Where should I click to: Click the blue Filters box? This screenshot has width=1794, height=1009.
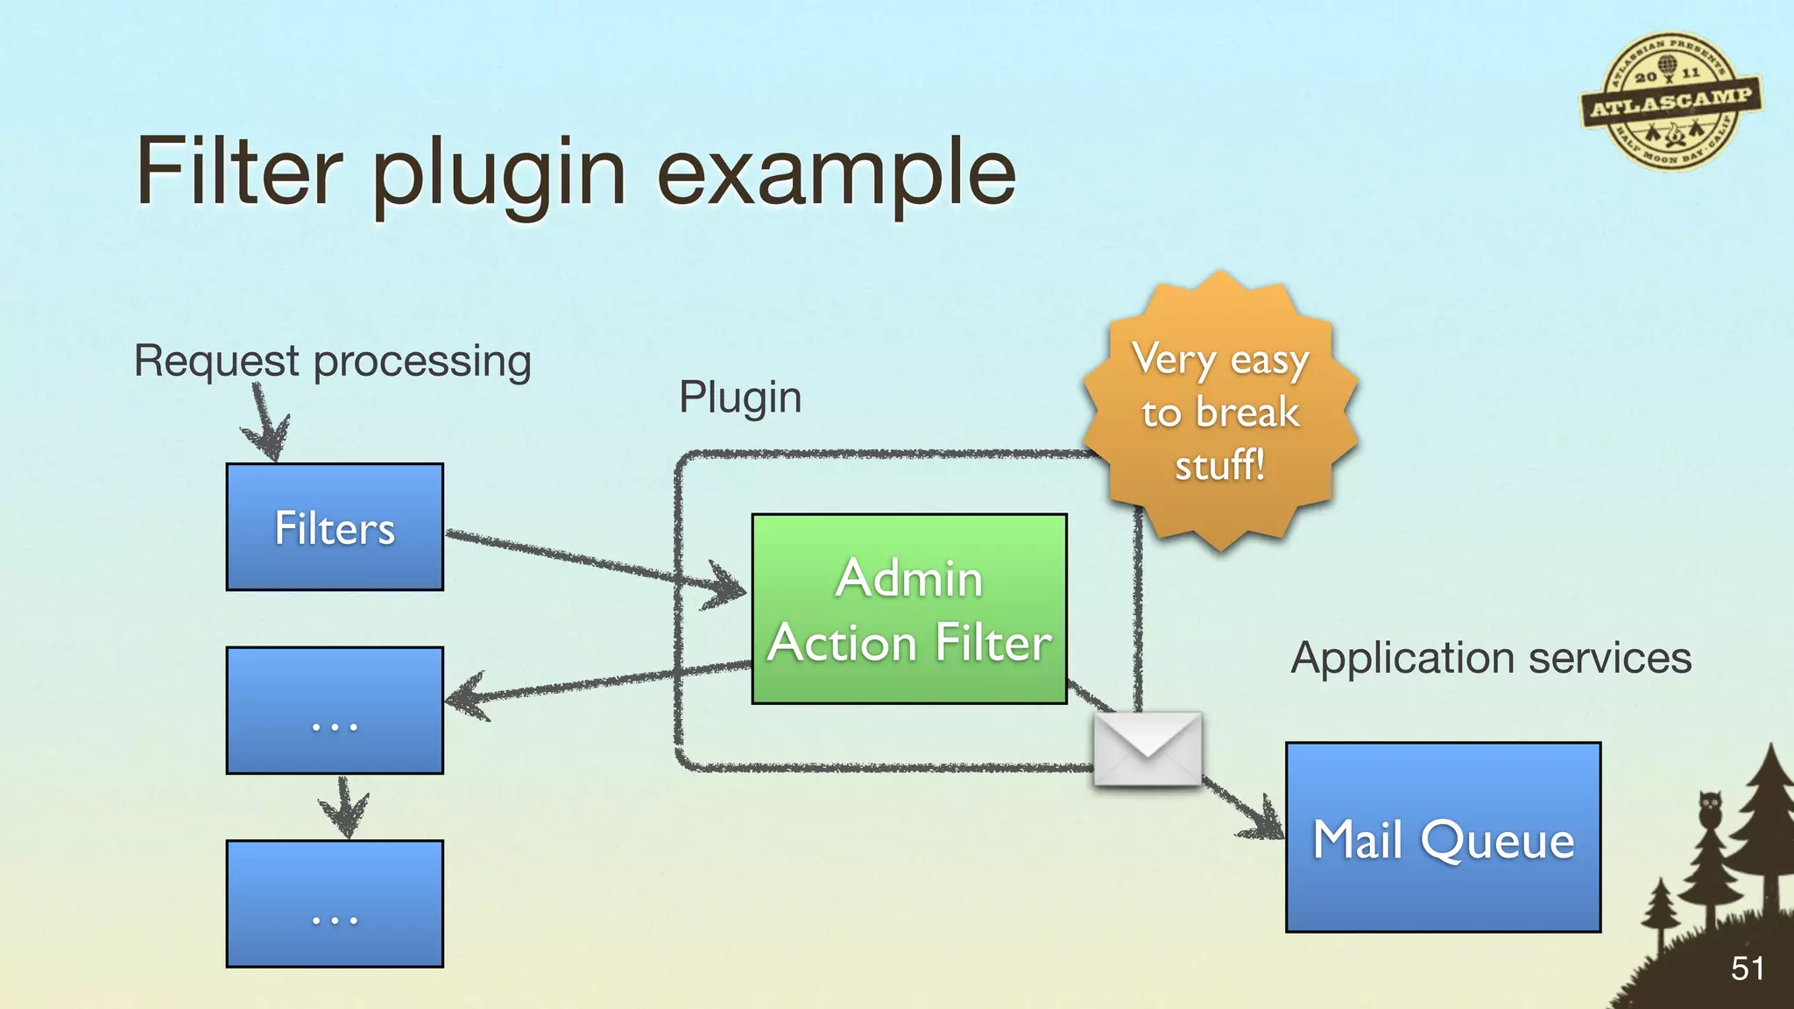335,527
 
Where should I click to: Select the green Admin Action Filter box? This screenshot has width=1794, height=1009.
909,609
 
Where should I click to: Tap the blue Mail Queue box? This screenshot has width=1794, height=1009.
1443,837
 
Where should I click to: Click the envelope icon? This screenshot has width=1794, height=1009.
1148,748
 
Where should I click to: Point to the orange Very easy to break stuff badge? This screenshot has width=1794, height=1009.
1220,412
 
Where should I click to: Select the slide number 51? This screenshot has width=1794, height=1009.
1747,969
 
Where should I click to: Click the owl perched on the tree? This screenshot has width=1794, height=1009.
1709,808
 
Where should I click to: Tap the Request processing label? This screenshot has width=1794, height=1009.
333,361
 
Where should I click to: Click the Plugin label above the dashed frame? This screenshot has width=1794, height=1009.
740,397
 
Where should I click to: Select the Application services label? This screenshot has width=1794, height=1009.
1491,658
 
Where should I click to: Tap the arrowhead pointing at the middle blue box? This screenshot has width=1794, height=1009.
464,698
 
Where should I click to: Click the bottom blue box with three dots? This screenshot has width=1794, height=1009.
335,904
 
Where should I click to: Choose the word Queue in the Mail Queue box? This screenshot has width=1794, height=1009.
1497,841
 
